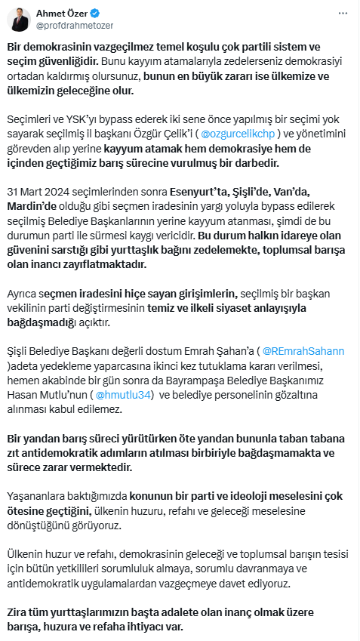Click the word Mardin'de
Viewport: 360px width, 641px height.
pos(32,206)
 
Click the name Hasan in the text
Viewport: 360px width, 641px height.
pos(22,393)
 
